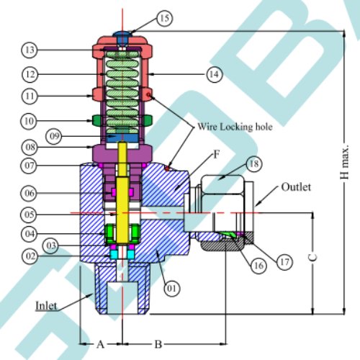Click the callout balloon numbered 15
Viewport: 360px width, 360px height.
[165, 18]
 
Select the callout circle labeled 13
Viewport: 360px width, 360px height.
[30, 50]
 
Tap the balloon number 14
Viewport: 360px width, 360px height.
[215, 74]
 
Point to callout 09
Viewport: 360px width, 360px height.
[54, 136]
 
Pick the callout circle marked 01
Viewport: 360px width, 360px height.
[172, 288]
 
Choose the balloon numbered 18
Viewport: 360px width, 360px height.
[254, 164]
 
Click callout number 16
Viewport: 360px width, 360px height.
[258, 266]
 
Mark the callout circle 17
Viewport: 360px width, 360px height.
[284, 261]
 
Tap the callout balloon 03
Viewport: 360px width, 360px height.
[50, 246]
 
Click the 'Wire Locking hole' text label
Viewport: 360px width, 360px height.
[235, 127]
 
